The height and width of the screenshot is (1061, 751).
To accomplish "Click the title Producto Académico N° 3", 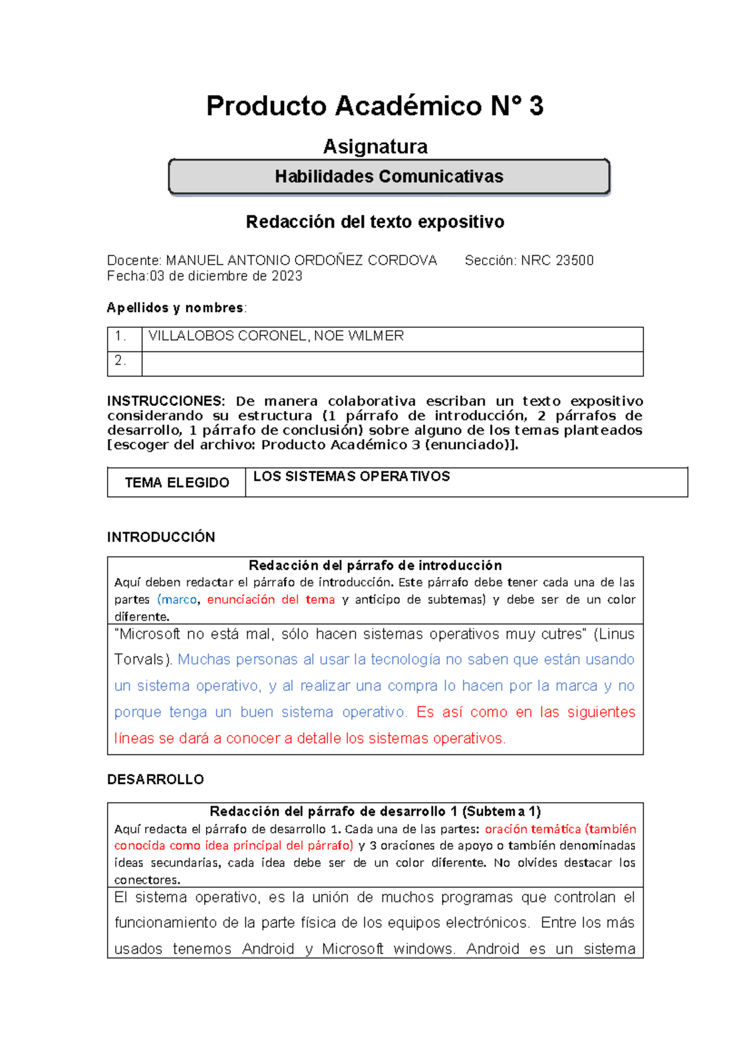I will (x=375, y=106).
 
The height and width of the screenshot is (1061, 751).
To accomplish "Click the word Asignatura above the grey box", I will (x=375, y=146).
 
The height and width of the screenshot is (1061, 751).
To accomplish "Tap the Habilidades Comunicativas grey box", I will (x=389, y=176).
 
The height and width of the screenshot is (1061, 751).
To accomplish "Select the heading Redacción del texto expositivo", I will (x=375, y=222).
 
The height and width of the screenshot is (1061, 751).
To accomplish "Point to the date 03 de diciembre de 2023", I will (x=225, y=276).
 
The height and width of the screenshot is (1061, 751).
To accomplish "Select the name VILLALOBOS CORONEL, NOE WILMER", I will (x=276, y=336).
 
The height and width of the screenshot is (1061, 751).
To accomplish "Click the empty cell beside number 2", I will (x=392, y=363).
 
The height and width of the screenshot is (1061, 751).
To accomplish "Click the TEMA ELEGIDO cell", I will (x=176, y=482).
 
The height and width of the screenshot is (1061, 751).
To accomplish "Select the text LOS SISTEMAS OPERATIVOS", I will (x=351, y=477).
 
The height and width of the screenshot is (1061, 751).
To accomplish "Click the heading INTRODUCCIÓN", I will (x=161, y=537).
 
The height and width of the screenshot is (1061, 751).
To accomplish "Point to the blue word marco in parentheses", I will (x=179, y=599).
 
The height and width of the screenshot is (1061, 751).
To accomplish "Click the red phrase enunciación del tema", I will (x=270, y=599).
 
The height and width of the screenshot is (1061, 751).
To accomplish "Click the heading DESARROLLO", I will (x=155, y=779).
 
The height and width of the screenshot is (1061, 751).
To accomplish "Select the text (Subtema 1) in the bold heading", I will (x=501, y=811).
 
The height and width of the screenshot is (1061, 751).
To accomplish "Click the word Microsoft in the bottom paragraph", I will (x=352, y=949).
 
